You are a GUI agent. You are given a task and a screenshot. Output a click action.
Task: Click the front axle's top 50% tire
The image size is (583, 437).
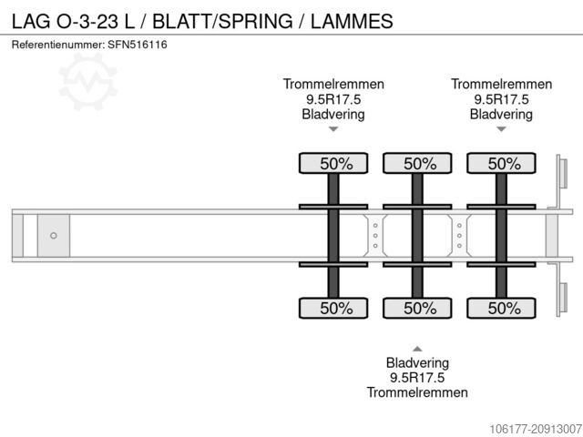[x=333, y=164]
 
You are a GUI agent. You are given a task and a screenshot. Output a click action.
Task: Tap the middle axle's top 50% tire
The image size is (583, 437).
[x=417, y=164]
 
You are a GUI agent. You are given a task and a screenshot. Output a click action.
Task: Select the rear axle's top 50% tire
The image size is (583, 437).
[x=501, y=164]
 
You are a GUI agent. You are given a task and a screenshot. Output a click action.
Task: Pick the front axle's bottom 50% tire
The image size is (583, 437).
[x=333, y=308]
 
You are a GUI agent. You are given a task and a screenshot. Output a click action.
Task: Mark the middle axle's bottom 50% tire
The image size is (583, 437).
[x=417, y=308]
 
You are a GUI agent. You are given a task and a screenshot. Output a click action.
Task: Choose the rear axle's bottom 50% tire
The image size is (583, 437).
[x=501, y=308]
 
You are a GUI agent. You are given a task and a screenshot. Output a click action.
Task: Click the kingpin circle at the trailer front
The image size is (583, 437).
[x=54, y=236]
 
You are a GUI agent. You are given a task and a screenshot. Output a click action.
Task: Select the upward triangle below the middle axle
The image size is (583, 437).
[x=417, y=349]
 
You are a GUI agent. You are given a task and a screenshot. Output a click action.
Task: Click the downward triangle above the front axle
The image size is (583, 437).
[x=333, y=129]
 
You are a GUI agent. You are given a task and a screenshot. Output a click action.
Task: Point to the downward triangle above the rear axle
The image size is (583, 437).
[x=501, y=129]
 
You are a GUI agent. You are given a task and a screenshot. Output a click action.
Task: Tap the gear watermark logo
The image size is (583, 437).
[x=89, y=78]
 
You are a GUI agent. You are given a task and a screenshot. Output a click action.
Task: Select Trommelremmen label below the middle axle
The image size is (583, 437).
[x=417, y=392]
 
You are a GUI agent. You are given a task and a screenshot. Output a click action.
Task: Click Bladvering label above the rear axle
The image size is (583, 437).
[x=501, y=115]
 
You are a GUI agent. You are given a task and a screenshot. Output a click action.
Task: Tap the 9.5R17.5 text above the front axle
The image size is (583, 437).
[x=333, y=99]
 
